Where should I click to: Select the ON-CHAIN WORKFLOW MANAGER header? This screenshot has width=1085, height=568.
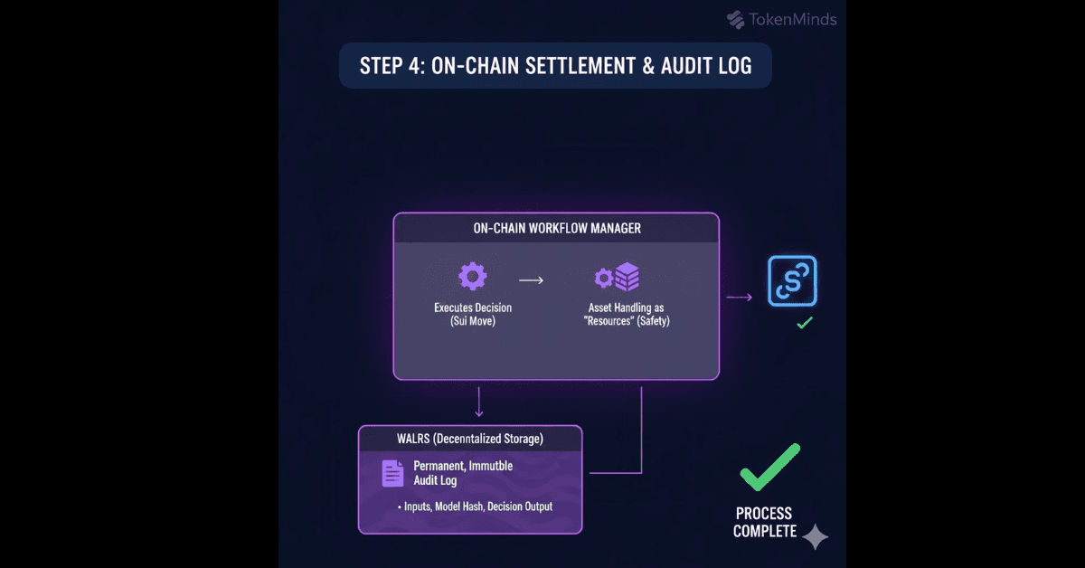click(556, 228)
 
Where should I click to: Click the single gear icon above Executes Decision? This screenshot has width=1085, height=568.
click(472, 276)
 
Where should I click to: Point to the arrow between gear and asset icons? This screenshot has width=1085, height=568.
click(531, 280)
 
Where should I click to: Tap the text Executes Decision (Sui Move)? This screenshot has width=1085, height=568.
click(472, 315)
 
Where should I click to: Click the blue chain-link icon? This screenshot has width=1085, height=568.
click(792, 279)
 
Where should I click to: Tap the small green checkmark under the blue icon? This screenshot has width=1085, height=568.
click(804, 322)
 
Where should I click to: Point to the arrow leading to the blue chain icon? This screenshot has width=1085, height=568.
click(740, 297)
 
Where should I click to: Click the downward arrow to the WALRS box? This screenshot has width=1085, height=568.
click(479, 402)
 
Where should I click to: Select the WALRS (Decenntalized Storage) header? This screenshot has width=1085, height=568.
click(469, 440)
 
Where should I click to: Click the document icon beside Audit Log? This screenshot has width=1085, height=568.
click(392, 473)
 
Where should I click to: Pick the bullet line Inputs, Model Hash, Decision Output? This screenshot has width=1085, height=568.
click(475, 506)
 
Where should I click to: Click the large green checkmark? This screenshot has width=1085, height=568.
click(769, 467)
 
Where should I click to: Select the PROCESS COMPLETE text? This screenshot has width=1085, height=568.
click(765, 523)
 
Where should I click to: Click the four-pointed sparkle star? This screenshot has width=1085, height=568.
click(816, 537)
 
